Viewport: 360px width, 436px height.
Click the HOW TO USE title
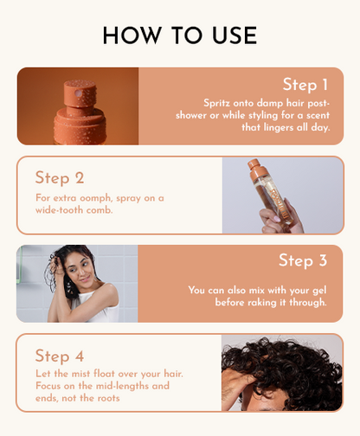coord(180,35)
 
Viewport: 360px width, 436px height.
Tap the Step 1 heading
coord(305,85)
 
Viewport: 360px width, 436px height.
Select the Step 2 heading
coord(60,178)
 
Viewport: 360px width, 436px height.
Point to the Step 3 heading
coord(303,260)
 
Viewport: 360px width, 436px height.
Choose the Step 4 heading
coord(60,356)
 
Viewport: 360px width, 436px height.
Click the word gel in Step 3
coord(319,291)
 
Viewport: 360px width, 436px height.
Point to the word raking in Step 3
coord(262,303)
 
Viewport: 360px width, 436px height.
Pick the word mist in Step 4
coord(80,374)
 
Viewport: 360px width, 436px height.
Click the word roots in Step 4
coord(108,398)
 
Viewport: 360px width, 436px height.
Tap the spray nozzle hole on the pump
coord(78,93)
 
